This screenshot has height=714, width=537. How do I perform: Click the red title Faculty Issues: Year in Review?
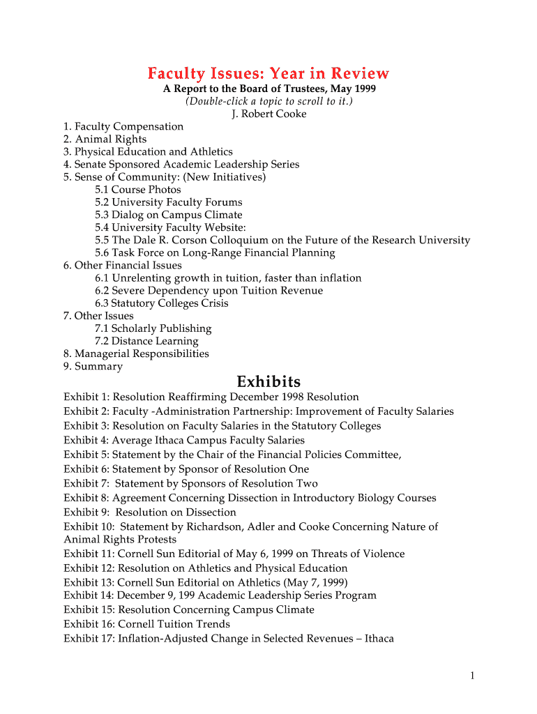tap(268, 73)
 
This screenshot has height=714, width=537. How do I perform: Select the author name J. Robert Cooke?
tap(268, 114)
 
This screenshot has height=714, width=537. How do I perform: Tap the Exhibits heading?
tap(268, 381)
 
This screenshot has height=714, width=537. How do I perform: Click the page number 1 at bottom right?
tap(472, 675)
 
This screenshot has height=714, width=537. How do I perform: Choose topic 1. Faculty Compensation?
tap(123, 126)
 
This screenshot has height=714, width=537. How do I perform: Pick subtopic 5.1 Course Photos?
tap(138, 190)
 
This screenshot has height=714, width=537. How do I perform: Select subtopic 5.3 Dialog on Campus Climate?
tap(169, 215)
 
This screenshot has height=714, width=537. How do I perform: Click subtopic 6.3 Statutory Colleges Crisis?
tap(162, 303)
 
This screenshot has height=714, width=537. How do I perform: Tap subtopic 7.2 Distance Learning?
tap(146, 341)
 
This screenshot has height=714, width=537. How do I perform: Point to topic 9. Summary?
tap(93, 366)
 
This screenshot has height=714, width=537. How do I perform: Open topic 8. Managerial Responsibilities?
tap(136, 354)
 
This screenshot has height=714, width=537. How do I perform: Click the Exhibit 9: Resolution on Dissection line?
tap(150, 512)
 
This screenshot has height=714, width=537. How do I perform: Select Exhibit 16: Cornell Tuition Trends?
tap(146, 624)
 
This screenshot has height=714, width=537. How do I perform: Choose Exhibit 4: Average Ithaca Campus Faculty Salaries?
tap(184, 440)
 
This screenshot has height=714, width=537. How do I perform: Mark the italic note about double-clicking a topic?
tap(268, 101)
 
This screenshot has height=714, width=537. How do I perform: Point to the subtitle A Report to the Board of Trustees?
tap(268, 89)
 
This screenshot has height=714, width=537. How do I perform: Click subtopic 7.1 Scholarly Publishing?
tap(153, 328)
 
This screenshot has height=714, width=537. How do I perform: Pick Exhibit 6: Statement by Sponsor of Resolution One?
tap(186, 469)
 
